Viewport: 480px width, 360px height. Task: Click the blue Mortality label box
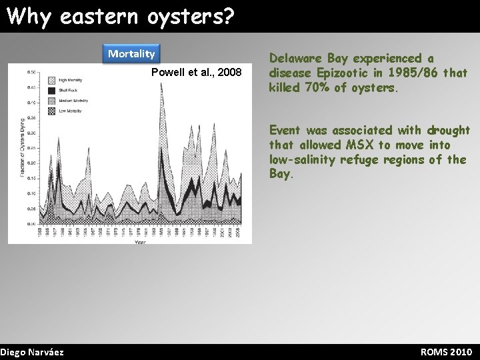[x=132, y=53]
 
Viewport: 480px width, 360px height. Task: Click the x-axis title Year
[x=139, y=242]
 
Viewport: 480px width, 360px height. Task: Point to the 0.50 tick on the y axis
[x=31, y=72]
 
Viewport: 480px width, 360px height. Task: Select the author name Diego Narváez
[x=32, y=351]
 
